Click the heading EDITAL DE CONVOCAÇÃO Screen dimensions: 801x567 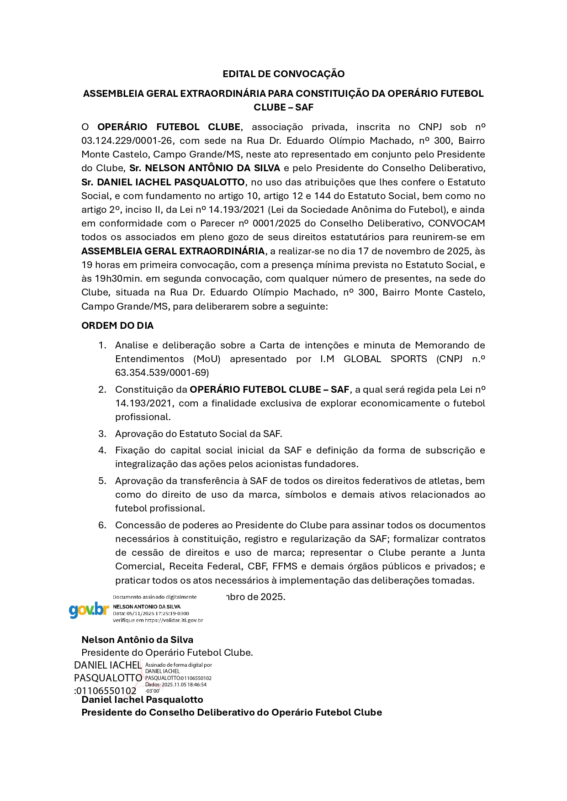[x=283, y=74]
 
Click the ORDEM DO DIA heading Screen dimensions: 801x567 [x=117, y=326]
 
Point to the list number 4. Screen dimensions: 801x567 [x=102, y=450]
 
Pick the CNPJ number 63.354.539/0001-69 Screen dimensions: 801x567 [x=162, y=373]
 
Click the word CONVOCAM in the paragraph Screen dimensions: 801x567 [x=456, y=223]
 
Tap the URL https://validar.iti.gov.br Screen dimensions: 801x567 [x=174, y=620]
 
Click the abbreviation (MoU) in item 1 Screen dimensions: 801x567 [x=207, y=359]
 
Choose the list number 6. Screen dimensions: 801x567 [x=102, y=525]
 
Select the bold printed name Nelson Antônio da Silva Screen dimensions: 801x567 [x=137, y=640]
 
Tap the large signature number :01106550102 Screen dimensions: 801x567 [x=106, y=690]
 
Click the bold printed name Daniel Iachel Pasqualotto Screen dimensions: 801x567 [x=142, y=700]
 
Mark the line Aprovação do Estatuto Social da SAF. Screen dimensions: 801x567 [x=198, y=434]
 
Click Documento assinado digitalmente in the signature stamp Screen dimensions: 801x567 [x=154, y=597]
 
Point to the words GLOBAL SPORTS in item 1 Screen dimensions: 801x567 [x=385, y=359]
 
